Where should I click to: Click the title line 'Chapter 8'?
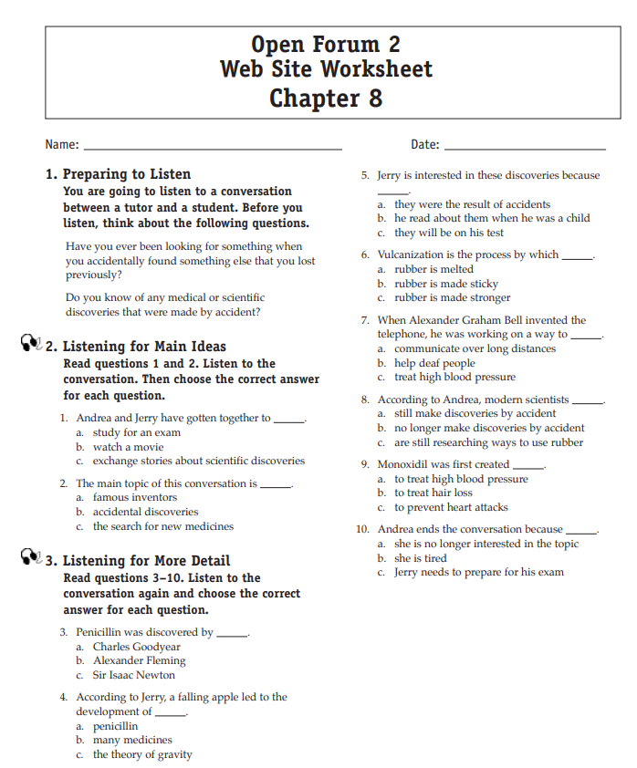click(326, 98)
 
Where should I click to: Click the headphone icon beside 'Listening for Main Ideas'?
click(30, 344)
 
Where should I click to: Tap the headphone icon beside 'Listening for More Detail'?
click(30, 558)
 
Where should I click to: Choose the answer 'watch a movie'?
click(127, 447)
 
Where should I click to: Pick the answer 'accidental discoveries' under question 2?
click(145, 512)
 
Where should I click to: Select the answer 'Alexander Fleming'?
click(139, 660)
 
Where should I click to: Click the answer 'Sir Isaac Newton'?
click(133, 675)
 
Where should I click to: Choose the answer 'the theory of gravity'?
click(142, 754)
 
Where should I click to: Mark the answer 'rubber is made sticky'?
click(446, 284)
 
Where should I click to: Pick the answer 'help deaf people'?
click(434, 363)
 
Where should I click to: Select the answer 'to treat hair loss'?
click(433, 493)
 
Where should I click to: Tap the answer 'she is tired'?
click(421, 558)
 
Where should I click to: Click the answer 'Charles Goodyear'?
click(137, 647)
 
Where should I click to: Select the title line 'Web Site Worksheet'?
click(326, 69)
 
